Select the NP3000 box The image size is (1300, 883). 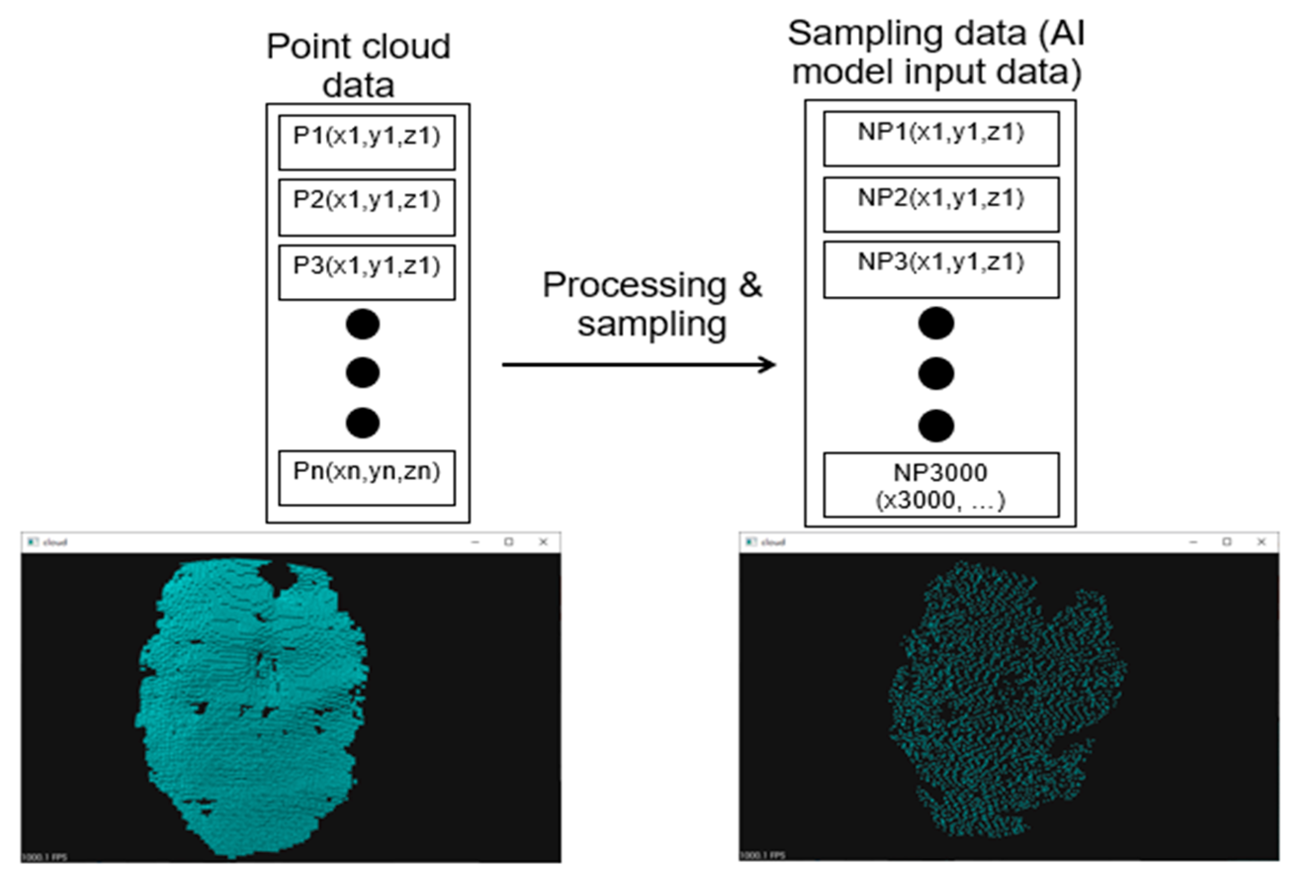tap(940, 485)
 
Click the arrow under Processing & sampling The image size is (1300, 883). tap(638, 365)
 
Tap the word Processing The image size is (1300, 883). tap(634, 285)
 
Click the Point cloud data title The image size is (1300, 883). tap(358, 65)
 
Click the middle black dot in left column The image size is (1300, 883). tap(362, 373)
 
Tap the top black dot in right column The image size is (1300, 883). tap(936, 323)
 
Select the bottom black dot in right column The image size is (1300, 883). tap(936, 425)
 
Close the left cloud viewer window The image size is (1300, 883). tap(543, 542)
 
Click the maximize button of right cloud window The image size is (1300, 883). tap(1227, 542)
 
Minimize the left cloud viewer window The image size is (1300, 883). tap(475, 542)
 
